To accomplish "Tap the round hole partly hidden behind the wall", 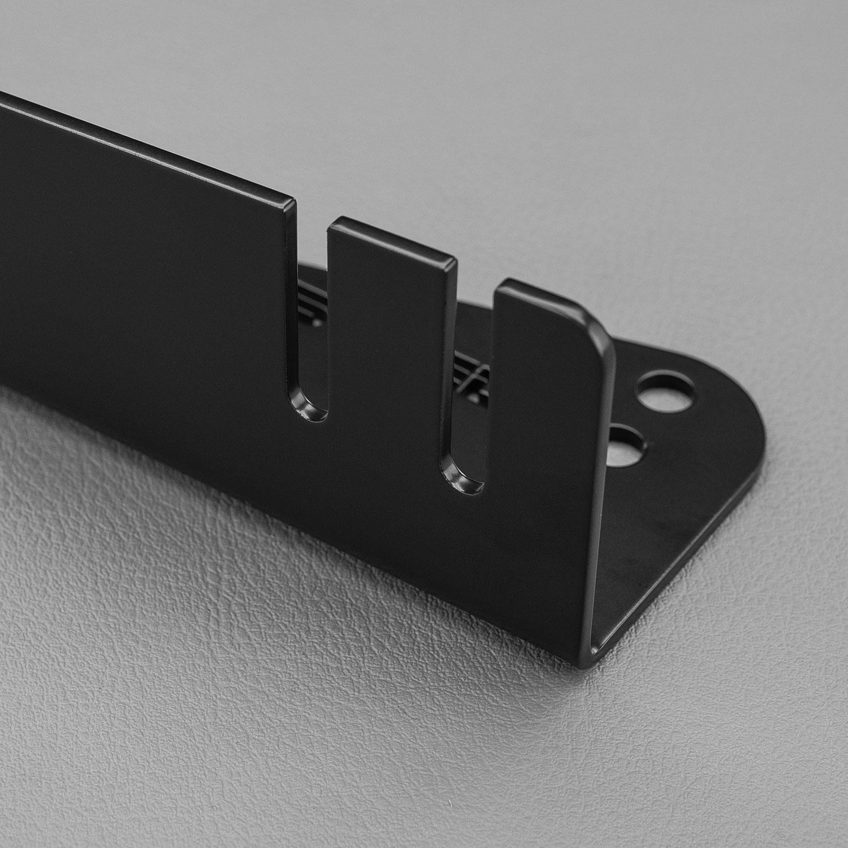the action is [626, 446].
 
